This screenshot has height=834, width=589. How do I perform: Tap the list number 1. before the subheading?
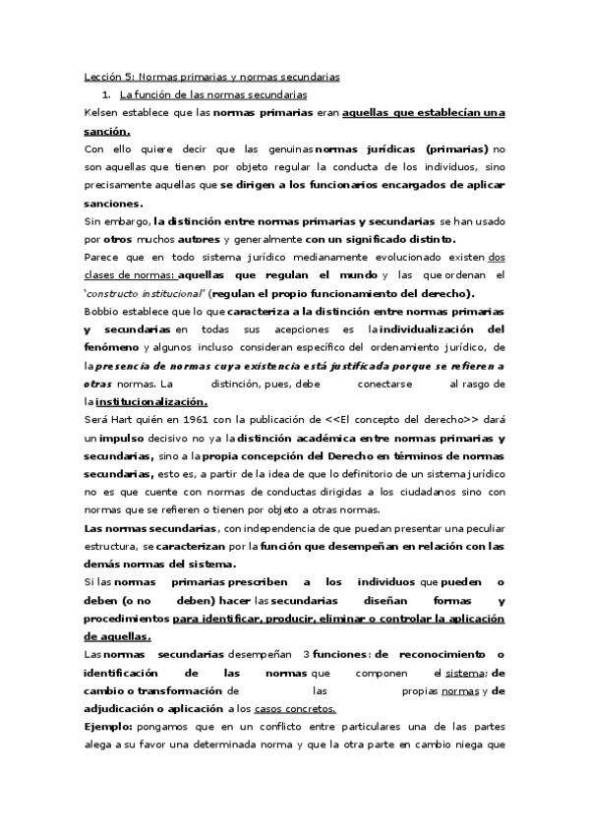(106, 94)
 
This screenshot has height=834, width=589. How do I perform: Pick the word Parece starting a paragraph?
(102, 258)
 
